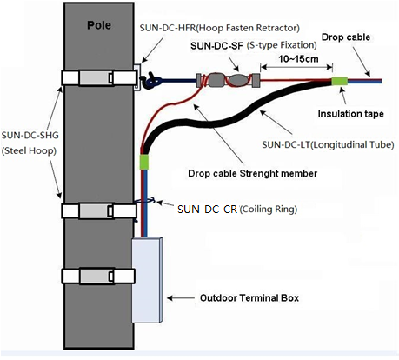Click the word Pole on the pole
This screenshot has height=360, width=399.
pos(99,25)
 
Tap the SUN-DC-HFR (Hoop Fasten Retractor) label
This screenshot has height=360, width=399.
pos(220,28)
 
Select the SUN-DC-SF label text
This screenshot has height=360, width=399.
pos(216,46)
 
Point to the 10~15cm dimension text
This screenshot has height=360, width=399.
pos(298,59)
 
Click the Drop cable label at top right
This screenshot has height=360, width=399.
pos(346,37)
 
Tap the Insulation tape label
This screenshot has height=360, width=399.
pos(350,114)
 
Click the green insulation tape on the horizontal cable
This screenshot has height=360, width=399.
pos(339,81)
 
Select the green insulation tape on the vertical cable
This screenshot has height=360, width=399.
pos(144,162)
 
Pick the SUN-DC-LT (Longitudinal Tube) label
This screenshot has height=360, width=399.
pos(328,144)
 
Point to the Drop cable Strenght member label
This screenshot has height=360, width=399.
pos(252,173)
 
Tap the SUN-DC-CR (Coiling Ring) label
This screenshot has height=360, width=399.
pos(237,209)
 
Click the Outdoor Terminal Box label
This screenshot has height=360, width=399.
pos(249,297)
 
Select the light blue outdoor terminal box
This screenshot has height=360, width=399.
pos(147,280)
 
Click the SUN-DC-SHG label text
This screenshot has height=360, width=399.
pos(30,135)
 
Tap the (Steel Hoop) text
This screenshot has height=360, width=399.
pos(29,150)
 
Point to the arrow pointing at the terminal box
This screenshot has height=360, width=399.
pos(181,297)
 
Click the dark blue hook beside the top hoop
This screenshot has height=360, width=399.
pos(151,81)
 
